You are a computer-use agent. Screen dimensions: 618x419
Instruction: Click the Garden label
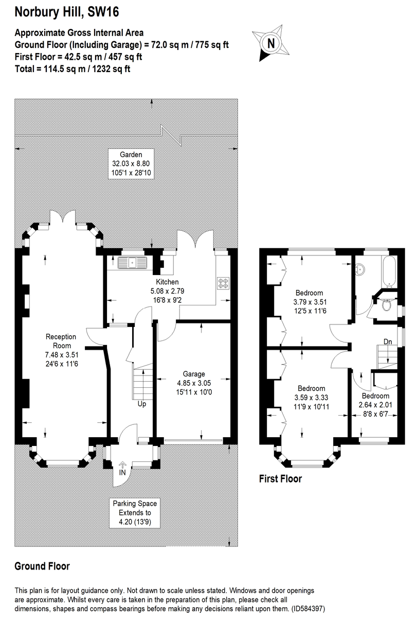click(131, 154)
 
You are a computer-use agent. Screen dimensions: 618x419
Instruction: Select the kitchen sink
click(133, 263)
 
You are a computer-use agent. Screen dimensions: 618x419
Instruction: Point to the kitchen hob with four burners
click(224, 283)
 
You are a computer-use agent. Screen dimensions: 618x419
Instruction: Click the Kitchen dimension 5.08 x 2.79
click(168, 291)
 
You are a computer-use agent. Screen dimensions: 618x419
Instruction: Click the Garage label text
click(194, 374)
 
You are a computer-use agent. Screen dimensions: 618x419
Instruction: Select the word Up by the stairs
click(141, 404)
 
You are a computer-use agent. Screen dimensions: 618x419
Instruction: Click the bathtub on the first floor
click(387, 270)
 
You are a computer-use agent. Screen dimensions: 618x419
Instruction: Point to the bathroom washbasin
click(361, 269)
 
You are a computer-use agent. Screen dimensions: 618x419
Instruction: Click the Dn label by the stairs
click(389, 341)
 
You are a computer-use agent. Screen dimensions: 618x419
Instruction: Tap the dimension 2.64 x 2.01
click(375, 404)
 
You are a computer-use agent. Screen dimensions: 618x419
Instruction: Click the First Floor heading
click(280, 479)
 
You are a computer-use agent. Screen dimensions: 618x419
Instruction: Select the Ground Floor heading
click(42, 566)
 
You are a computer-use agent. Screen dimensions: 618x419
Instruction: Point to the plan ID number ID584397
click(308, 608)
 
